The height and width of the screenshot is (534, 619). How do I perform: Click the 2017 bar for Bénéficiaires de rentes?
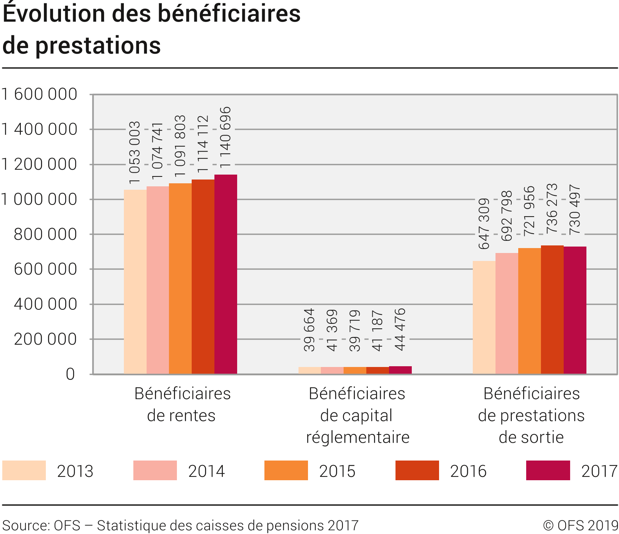[226, 274]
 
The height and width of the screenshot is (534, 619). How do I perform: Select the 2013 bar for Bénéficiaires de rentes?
[135, 282]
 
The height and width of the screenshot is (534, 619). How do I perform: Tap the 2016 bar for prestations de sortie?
[552, 309]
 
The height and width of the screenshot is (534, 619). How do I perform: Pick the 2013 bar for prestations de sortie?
[484, 317]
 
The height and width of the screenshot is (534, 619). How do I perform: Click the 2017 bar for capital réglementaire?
[400, 370]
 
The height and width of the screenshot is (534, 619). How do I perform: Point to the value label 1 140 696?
[225, 137]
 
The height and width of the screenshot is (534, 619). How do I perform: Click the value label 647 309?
[484, 224]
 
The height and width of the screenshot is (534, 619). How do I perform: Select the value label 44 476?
[400, 329]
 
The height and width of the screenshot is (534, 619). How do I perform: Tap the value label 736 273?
[552, 208]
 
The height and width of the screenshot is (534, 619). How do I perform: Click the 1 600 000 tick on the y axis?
[39, 94]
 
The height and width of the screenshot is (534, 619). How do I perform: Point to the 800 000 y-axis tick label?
[45, 234]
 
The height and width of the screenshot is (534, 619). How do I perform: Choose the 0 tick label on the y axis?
[70, 374]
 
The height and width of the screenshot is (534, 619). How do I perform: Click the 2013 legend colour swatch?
[24, 470]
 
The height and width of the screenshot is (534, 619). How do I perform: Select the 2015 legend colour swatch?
[286, 470]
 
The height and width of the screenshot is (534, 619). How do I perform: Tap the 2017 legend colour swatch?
[548, 470]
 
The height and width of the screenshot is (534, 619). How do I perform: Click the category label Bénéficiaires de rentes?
[182, 404]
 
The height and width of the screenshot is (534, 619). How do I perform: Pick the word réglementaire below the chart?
[358, 437]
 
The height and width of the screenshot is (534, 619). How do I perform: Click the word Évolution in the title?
[54, 14]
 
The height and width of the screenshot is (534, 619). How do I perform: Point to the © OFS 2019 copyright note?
[580, 525]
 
